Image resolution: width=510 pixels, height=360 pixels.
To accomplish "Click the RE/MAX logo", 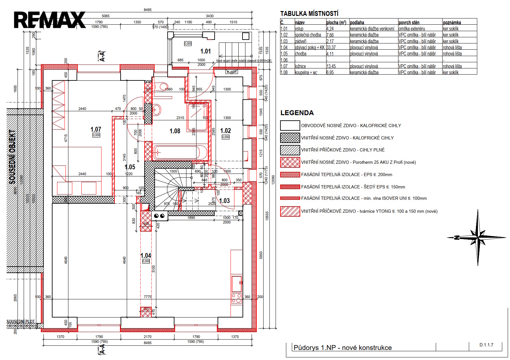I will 50,20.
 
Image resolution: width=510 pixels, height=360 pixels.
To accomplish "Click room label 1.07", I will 96,129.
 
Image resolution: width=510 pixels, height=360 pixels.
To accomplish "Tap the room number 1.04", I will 146,256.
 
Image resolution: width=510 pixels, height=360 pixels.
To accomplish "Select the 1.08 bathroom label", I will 175,131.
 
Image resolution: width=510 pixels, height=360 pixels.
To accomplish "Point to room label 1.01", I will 206,51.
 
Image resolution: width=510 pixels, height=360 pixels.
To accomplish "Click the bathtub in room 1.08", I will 180,152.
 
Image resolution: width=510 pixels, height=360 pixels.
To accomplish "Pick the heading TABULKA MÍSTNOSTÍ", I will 309,14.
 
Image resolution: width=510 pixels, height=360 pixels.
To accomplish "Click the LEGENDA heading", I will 297,113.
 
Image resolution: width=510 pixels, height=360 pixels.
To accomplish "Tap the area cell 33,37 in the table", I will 331,48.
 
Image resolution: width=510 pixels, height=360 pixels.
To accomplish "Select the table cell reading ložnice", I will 300,66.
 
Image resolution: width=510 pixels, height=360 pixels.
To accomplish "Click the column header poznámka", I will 452,23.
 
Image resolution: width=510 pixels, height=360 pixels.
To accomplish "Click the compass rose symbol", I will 478,238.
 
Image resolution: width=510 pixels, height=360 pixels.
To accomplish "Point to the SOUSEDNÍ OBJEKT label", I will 12,157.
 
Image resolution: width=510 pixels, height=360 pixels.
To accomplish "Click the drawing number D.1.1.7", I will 486,345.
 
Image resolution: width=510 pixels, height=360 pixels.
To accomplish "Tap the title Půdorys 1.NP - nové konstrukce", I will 342,348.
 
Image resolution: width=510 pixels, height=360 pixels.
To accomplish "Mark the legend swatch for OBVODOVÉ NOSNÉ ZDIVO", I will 290,126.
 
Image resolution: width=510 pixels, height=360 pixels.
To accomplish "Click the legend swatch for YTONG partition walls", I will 290,211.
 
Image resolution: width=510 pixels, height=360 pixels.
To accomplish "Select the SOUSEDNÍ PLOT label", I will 21,322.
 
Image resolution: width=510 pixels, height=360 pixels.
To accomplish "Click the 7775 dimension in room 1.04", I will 148,297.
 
